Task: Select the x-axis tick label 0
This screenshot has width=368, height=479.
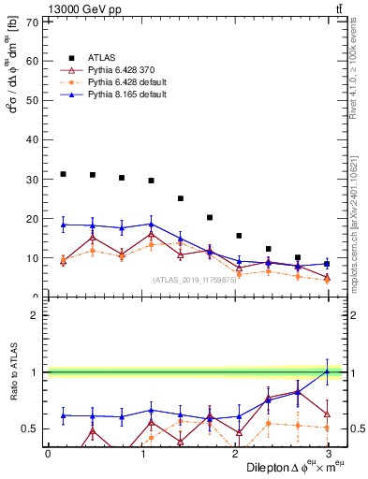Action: pyautogui.click(x=48, y=454)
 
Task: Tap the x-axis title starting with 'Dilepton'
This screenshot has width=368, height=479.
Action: pyautogui.click(x=290, y=468)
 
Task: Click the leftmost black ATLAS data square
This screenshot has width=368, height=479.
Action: pyautogui.click(x=63, y=174)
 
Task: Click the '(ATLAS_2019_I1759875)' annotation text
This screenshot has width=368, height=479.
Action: pyautogui.click(x=194, y=280)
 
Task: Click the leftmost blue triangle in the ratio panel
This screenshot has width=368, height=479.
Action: pyautogui.click(x=63, y=415)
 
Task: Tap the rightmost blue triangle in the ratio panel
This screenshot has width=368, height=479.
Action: pyautogui.click(x=326, y=371)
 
